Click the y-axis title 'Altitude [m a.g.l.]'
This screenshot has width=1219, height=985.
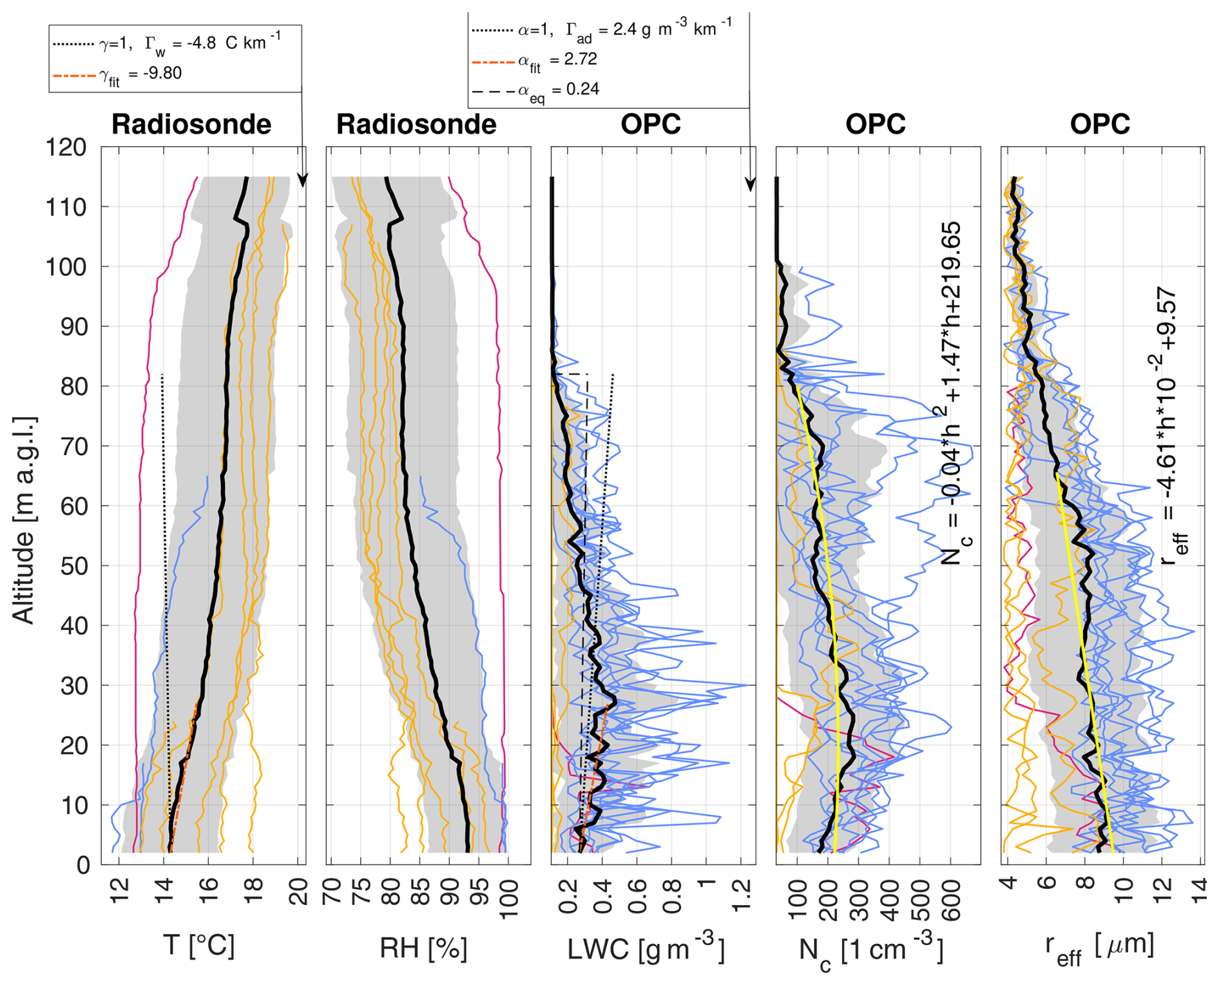point(24,520)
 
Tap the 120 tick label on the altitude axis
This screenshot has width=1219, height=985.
point(66,148)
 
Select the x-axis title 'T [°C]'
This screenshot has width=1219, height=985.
point(198,945)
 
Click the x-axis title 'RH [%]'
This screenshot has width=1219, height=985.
point(423,948)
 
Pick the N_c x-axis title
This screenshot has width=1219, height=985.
point(871,950)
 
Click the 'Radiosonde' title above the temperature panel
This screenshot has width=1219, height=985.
point(191,124)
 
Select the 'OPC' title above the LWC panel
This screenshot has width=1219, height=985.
point(651,124)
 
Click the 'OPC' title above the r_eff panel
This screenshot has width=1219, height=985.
point(1100,124)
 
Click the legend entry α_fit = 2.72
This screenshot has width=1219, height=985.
point(557,61)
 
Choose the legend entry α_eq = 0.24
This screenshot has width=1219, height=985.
point(558,90)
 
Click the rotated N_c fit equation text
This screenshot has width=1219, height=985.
point(955,393)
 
